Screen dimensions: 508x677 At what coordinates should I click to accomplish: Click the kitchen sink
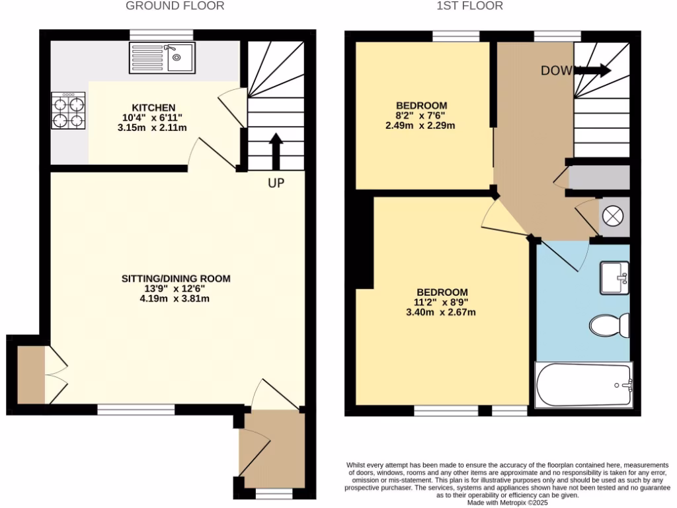pyautogui.click(x=163, y=58)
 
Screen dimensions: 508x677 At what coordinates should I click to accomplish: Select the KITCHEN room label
pyautogui.click(x=153, y=108)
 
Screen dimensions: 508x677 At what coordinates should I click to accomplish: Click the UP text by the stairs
pyautogui.click(x=276, y=183)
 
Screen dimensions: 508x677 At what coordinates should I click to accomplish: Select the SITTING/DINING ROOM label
pyautogui.click(x=176, y=278)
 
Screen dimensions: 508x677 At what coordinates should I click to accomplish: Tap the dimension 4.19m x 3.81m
pyautogui.click(x=176, y=298)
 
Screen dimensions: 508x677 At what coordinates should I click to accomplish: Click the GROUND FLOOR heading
pyautogui.click(x=175, y=6)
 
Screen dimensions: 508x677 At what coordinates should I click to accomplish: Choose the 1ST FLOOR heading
pyautogui.click(x=470, y=6)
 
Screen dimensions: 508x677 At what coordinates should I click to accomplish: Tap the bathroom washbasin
pyautogui.click(x=614, y=278)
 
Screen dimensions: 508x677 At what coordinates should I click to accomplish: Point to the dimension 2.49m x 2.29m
pyautogui.click(x=421, y=125)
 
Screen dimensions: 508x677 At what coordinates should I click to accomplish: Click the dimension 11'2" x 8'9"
pyautogui.click(x=442, y=302)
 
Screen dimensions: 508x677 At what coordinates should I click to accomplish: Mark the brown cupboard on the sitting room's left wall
pyautogui.click(x=30, y=375)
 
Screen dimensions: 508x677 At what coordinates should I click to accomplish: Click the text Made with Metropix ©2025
pyautogui.click(x=508, y=503)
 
